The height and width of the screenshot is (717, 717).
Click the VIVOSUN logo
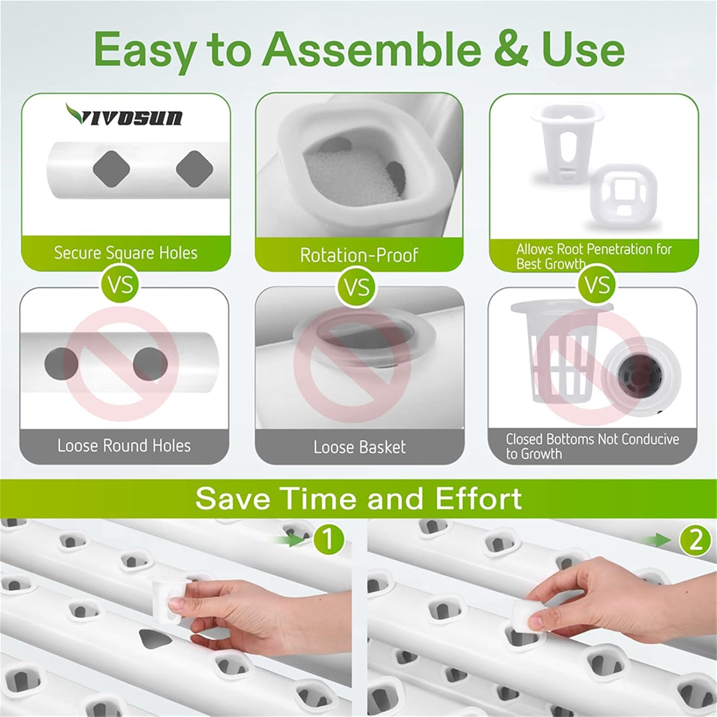point(124,115)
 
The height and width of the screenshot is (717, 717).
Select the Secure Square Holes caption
point(125,253)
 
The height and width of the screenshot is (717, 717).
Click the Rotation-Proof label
point(358,255)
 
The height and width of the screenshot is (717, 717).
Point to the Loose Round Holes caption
point(124,446)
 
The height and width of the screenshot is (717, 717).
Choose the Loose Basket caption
point(359,447)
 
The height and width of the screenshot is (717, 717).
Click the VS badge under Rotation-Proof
point(357,287)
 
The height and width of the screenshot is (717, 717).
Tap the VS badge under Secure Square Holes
point(120,285)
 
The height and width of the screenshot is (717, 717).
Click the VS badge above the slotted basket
point(597,285)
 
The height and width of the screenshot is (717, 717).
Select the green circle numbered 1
point(328,540)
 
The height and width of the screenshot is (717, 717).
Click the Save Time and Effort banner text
point(358,499)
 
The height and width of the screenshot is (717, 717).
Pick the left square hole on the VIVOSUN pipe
point(111,169)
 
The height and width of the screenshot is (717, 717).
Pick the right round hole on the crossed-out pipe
point(150,363)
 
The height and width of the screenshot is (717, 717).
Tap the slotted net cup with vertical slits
point(559,354)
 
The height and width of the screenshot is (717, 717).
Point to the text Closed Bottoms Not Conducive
point(592,439)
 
